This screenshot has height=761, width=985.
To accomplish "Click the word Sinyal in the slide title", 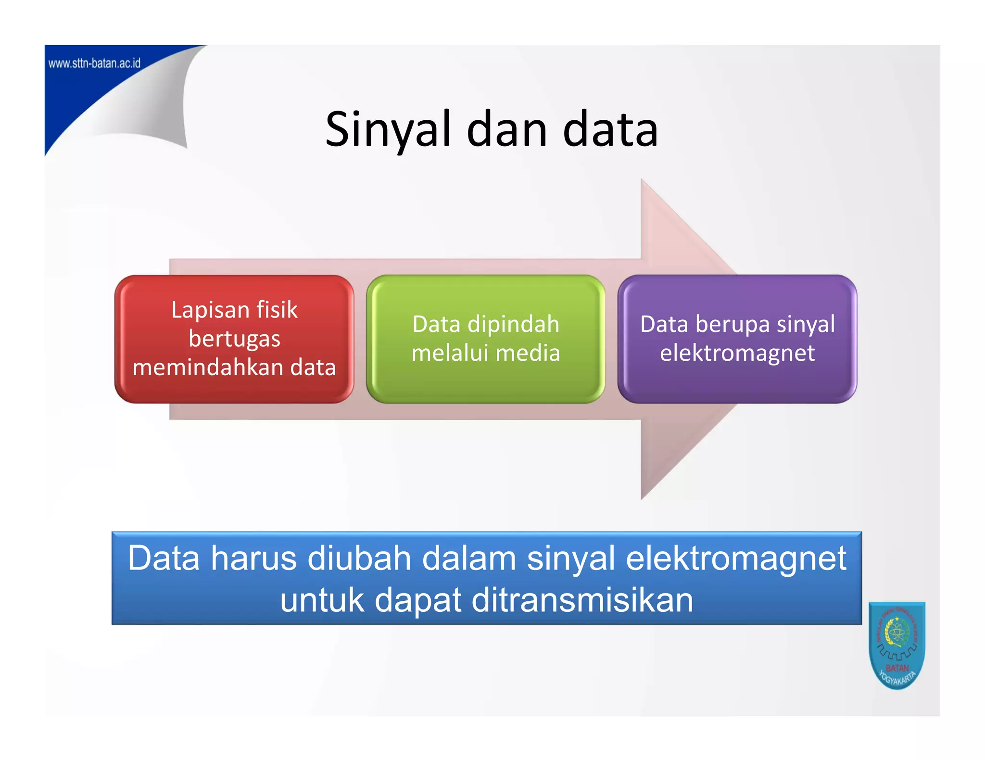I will (388, 130).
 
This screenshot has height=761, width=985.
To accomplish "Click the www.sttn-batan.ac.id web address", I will (94, 63).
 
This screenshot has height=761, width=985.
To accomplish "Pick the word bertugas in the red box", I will (234, 339).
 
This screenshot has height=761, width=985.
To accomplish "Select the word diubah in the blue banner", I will (359, 558).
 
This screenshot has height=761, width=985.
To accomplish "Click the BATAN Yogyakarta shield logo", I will (897, 645).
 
